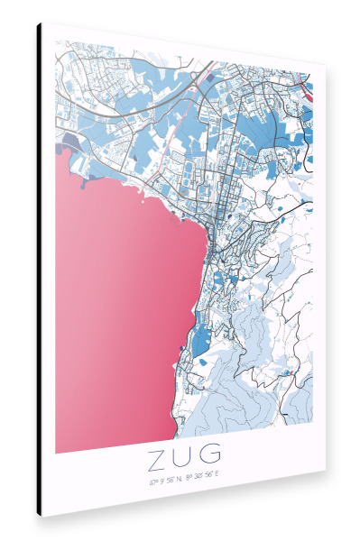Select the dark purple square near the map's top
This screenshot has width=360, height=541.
(211, 79)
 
